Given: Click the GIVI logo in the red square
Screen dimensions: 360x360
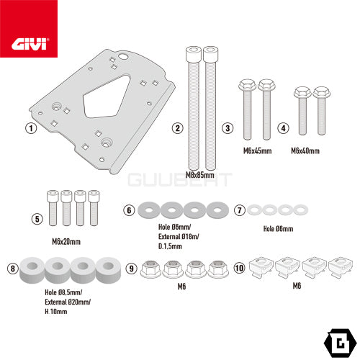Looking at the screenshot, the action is click(x=30, y=44).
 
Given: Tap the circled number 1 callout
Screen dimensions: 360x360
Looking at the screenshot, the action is click(x=31, y=128).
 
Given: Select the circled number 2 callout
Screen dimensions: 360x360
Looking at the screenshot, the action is click(x=178, y=128).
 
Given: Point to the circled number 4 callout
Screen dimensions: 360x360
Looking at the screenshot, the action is click(x=283, y=128).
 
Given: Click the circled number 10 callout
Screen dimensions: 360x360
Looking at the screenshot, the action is click(x=239, y=268).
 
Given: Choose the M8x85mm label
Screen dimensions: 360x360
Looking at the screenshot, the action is click(x=200, y=175).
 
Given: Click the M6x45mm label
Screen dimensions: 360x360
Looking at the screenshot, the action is click(x=257, y=151).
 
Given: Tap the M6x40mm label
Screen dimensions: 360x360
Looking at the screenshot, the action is click(x=305, y=151).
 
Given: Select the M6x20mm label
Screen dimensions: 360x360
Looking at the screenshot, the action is click(x=66, y=241).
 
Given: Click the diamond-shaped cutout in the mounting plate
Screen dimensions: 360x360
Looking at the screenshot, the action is click(x=106, y=97).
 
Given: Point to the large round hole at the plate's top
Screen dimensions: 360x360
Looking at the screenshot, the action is click(x=123, y=57).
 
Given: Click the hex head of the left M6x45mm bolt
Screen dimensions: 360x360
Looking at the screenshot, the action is click(x=247, y=85).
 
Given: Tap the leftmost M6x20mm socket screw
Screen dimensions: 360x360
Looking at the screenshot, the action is click(x=53, y=208).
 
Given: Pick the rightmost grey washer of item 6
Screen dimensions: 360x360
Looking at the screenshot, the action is click(x=217, y=210).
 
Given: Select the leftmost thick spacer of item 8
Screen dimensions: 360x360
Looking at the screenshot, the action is click(x=32, y=270).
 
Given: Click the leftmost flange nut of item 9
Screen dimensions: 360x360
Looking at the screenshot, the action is click(x=150, y=269).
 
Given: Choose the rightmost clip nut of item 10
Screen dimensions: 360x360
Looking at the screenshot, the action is click(x=341, y=267).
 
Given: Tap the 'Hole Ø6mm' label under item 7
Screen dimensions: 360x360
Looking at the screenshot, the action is click(x=278, y=229).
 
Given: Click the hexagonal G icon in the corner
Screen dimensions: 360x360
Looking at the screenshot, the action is click(x=340, y=343).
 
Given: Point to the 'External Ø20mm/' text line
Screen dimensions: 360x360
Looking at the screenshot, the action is click(x=68, y=302).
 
